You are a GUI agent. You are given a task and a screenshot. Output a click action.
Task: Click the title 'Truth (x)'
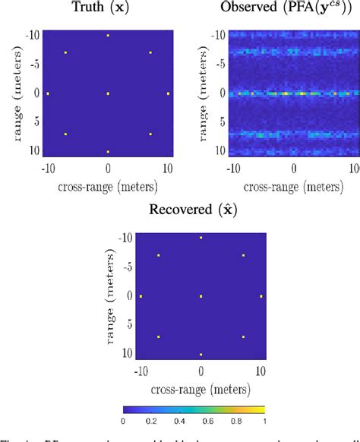107,8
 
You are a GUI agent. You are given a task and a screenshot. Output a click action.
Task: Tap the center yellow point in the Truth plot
108,93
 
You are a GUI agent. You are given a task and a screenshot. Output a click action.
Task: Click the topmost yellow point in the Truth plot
108,35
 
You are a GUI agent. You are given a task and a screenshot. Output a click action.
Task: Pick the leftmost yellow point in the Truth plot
48,93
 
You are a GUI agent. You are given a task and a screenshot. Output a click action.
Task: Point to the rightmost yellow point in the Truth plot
168,93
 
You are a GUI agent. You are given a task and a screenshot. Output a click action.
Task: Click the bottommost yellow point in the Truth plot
108,152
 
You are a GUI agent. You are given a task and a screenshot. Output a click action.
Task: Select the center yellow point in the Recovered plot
201,296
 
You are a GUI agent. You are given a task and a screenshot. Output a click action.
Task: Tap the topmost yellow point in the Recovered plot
201,238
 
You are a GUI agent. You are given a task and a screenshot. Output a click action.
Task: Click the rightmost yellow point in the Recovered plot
261,296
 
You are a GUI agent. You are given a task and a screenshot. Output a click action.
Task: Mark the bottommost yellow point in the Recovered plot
201,355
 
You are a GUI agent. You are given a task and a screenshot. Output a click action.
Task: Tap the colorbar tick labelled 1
264,420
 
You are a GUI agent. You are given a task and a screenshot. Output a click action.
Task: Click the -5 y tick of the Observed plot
218,64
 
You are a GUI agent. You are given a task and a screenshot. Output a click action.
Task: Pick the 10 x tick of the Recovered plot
261,371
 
